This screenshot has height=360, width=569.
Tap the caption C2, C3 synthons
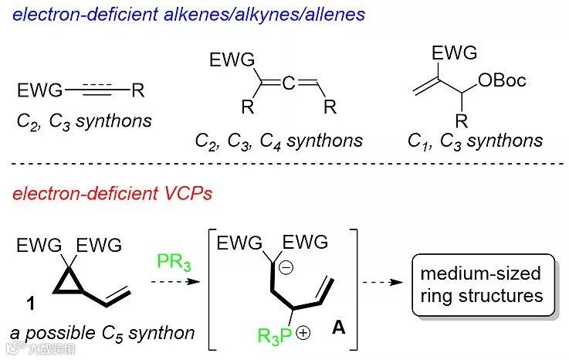[84, 122]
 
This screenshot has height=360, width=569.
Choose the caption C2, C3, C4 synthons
[278, 140]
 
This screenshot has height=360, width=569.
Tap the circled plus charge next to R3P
[303, 333]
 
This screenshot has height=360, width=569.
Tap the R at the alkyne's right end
[137, 92]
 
